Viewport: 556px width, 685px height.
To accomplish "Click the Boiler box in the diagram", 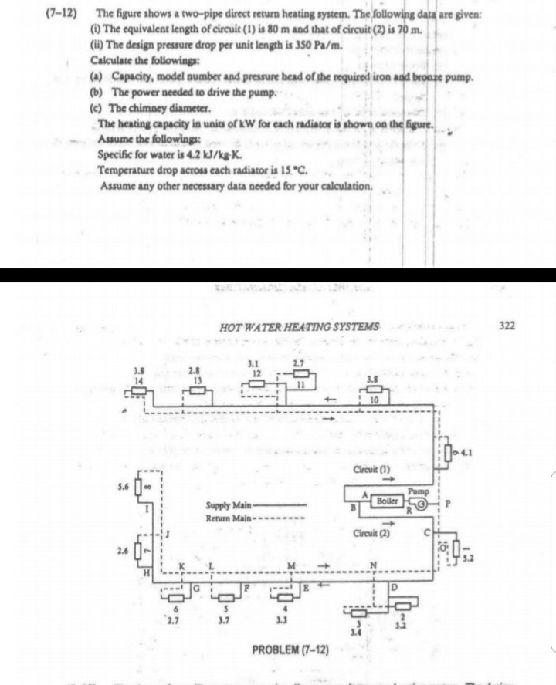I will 388,501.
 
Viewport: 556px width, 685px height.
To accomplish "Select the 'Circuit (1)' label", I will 377,468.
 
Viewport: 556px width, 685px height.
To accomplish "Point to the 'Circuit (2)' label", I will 376,531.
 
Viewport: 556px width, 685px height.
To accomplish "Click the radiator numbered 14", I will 139,391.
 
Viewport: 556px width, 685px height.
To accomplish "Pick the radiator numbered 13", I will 198,391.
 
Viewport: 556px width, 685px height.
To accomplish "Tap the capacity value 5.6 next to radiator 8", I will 122,488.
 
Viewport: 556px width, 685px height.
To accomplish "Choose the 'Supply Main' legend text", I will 225,505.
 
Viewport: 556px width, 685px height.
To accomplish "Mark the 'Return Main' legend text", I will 225,517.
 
